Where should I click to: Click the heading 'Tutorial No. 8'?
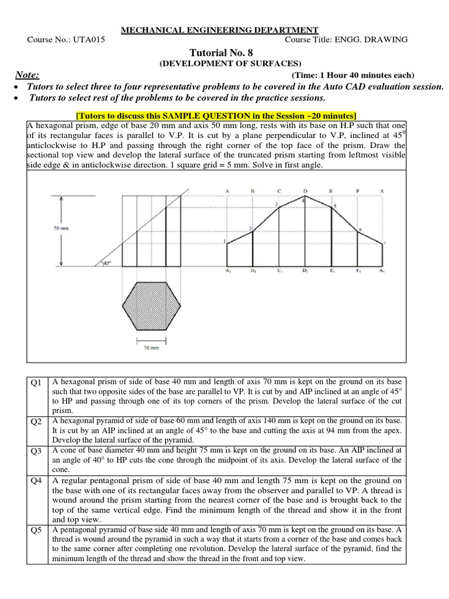224,52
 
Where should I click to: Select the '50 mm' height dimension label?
61,229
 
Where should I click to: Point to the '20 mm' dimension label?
151,347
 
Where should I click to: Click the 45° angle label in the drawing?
106,264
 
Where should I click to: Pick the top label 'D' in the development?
305,190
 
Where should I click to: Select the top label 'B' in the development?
253,190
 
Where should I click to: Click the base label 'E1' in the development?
331,271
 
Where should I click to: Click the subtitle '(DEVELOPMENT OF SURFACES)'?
224,63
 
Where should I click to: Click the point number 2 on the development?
250,228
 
